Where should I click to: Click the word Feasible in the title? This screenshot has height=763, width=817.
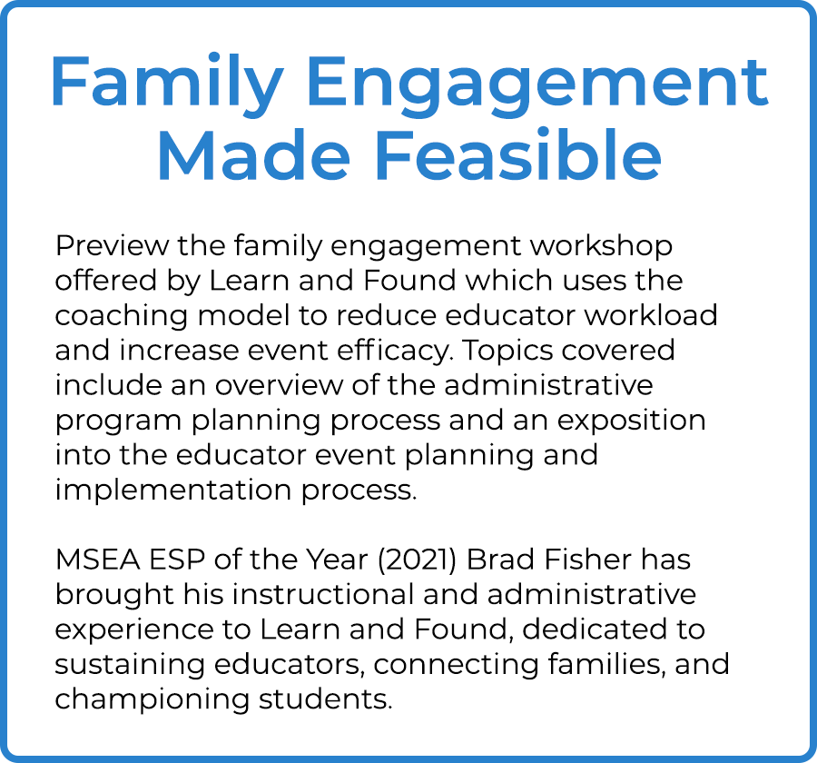tap(518, 155)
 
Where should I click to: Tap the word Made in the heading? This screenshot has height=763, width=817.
tap(254, 155)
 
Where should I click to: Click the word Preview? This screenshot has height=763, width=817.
tap(112, 245)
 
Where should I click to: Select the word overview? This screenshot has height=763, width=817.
tap(280, 385)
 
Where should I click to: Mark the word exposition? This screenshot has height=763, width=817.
tap(632, 421)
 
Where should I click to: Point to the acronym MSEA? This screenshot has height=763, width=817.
tap(97, 560)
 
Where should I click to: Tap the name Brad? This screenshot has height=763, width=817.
tap(500, 560)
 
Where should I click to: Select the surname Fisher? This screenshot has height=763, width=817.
tap(588, 560)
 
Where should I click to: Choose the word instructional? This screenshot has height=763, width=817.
tap(323, 595)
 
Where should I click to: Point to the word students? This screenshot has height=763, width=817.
tap(325, 699)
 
